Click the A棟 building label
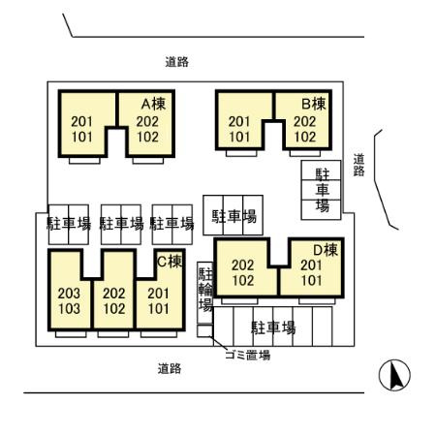click(x=154, y=104)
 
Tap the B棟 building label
click(x=314, y=104)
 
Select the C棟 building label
click(x=170, y=262)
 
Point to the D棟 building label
click(x=326, y=250)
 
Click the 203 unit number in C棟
click(x=69, y=294)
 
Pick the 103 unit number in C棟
click(x=69, y=309)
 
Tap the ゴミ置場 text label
click(x=248, y=356)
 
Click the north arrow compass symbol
click(x=394, y=375)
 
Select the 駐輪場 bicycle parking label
click(x=205, y=290)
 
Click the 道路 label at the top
click(x=177, y=62)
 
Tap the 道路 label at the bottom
click(x=170, y=368)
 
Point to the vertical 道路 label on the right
click(x=358, y=165)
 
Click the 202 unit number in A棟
click(x=147, y=121)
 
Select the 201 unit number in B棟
click(x=239, y=121)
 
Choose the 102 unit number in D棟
click(x=243, y=280)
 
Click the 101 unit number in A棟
click(x=82, y=137)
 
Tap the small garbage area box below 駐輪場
click(x=204, y=331)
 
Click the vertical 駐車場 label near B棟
click(x=322, y=190)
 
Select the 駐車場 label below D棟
click(x=273, y=327)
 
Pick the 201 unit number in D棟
click(x=311, y=265)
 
